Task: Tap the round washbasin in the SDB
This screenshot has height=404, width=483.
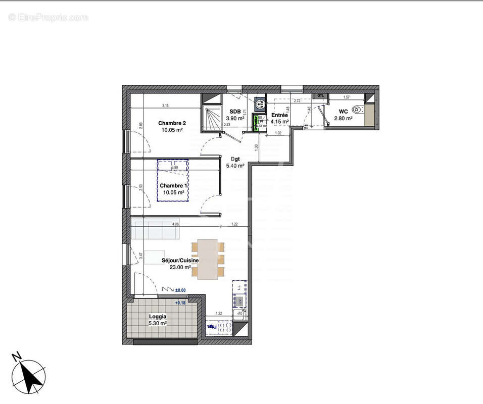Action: click(x=261, y=105)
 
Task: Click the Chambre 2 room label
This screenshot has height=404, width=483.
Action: click(x=172, y=123)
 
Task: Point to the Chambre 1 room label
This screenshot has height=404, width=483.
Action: click(x=174, y=186)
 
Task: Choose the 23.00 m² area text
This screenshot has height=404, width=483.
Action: click(x=176, y=268)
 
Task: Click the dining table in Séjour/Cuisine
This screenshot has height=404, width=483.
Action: click(x=208, y=259)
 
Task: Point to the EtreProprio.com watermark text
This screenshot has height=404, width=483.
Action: click(x=49, y=18)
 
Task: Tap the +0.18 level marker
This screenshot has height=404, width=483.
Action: click(x=180, y=302)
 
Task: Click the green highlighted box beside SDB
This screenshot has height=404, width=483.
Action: click(x=256, y=123)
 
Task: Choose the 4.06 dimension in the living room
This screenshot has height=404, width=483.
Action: click(x=175, y=224)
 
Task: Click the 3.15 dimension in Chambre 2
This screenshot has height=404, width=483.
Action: click(x=165, y=106)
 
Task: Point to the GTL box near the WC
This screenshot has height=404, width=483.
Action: click(x=320, y=96)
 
